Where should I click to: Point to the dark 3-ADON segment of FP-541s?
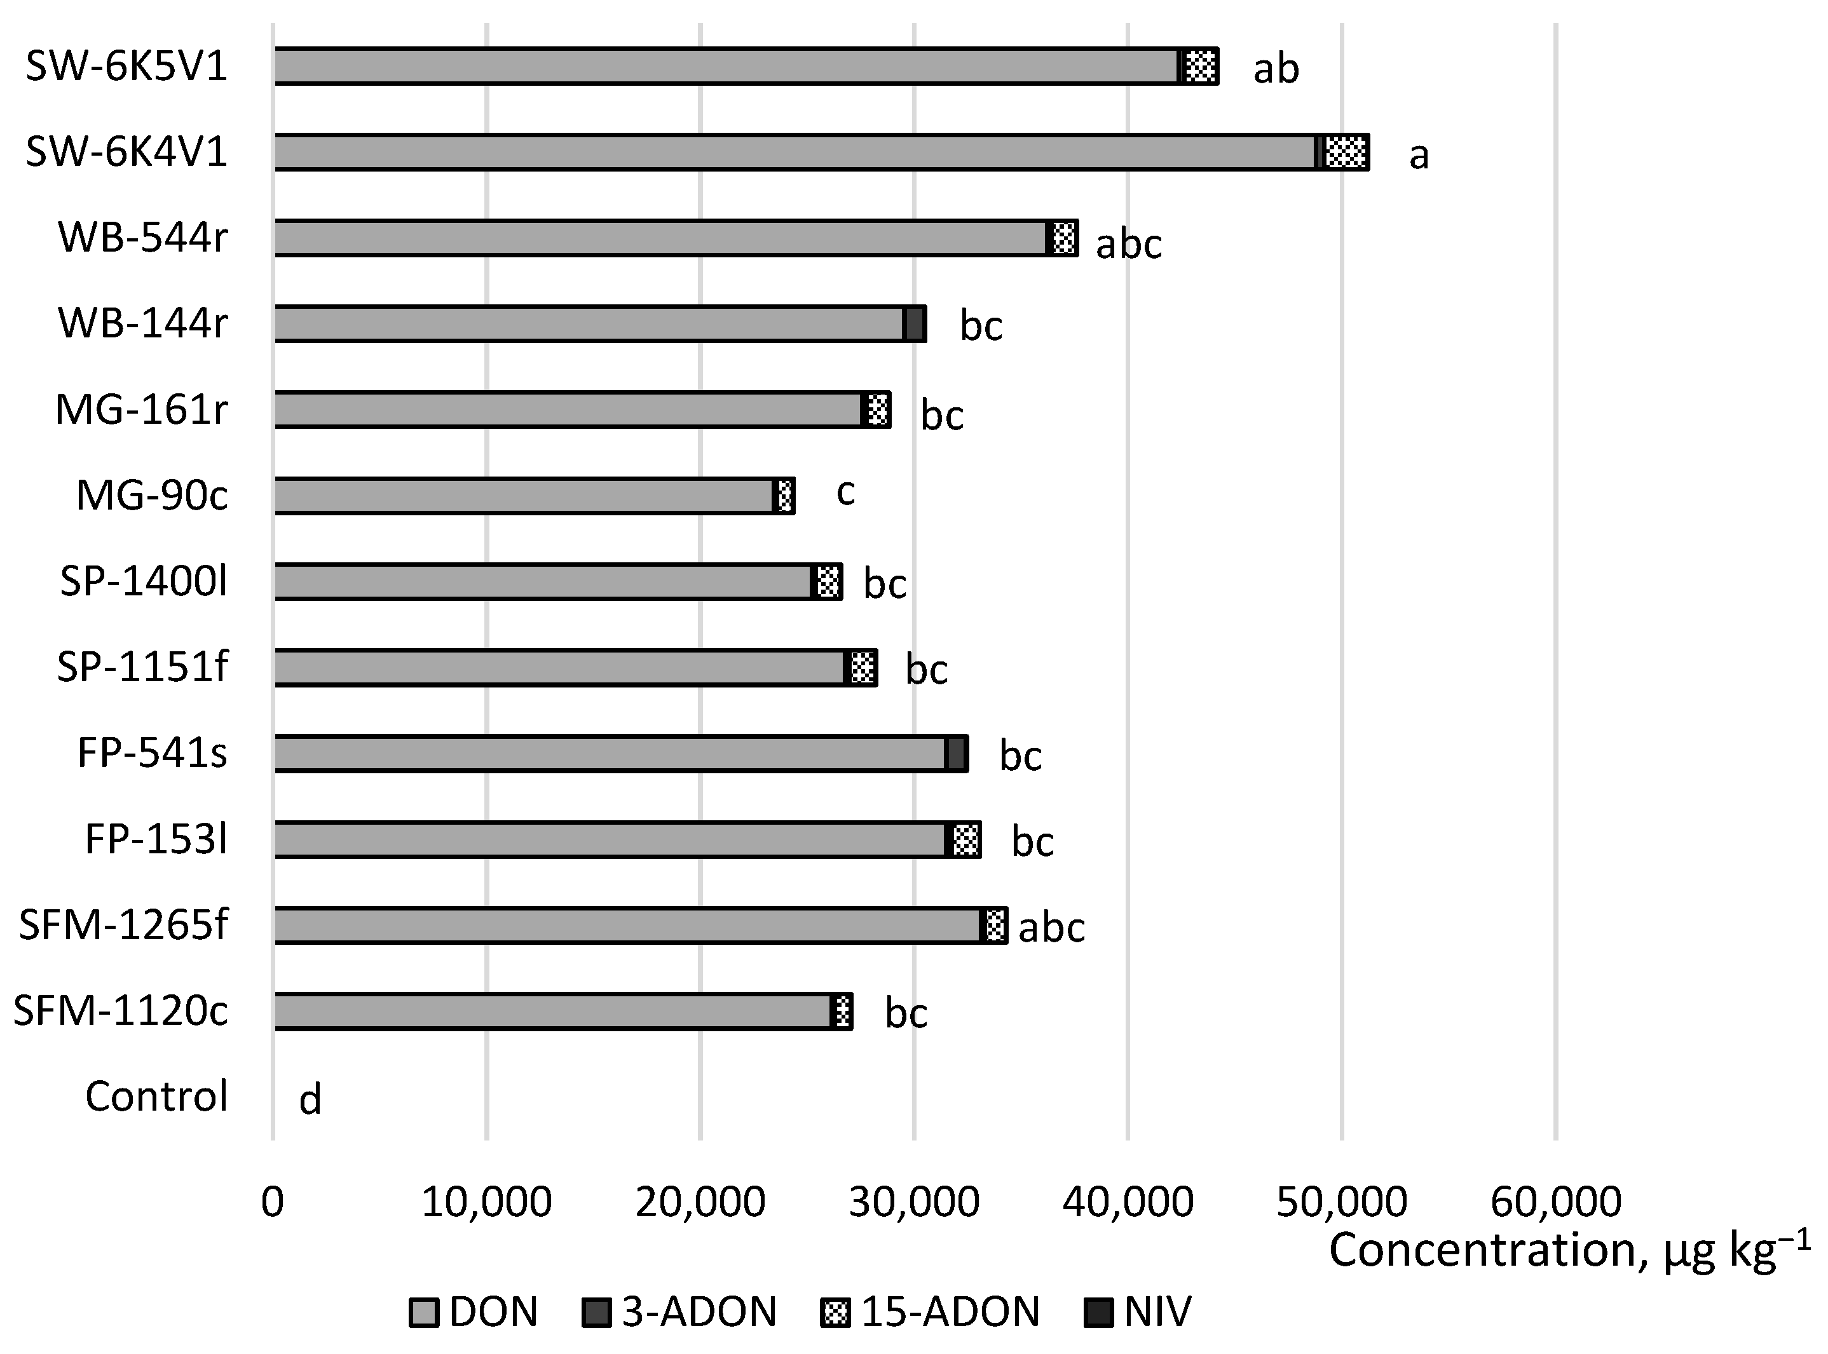point(957,753)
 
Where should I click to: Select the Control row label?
point(156,1097)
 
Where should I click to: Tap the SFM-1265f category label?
point(123,925)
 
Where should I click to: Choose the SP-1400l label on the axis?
point(144,582)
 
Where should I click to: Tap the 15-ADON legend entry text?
point(949,1312)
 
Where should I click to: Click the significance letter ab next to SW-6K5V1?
point(1276,69)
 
